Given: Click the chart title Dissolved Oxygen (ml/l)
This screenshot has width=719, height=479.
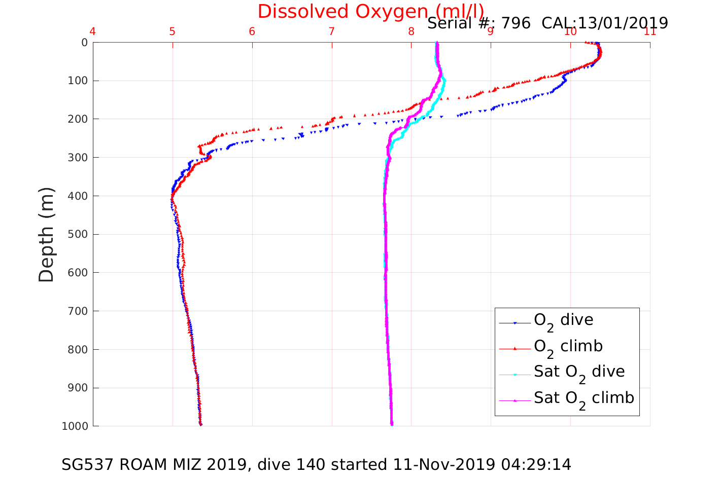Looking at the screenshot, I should (x=370, y=11).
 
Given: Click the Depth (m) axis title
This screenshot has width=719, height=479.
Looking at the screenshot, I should (x=46, y=234).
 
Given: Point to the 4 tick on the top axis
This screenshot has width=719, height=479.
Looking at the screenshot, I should (x=92, y=32).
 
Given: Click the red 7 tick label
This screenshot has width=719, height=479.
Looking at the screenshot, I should (x=331, y=32).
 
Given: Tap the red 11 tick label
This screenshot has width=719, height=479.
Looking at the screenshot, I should (x=649, y=32).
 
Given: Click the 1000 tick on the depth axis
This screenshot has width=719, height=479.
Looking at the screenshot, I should (x=75, y=426).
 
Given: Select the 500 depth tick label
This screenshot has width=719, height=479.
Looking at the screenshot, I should (x=77, y=234).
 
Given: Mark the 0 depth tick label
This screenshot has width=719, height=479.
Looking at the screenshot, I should (x=84, y=43).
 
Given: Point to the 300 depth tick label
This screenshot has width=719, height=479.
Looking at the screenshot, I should (x=77, y=158).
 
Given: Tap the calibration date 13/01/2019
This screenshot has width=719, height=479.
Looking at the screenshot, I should (x=624, y=23).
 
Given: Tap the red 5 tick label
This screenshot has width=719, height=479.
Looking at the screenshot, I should (x=172, y=32).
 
